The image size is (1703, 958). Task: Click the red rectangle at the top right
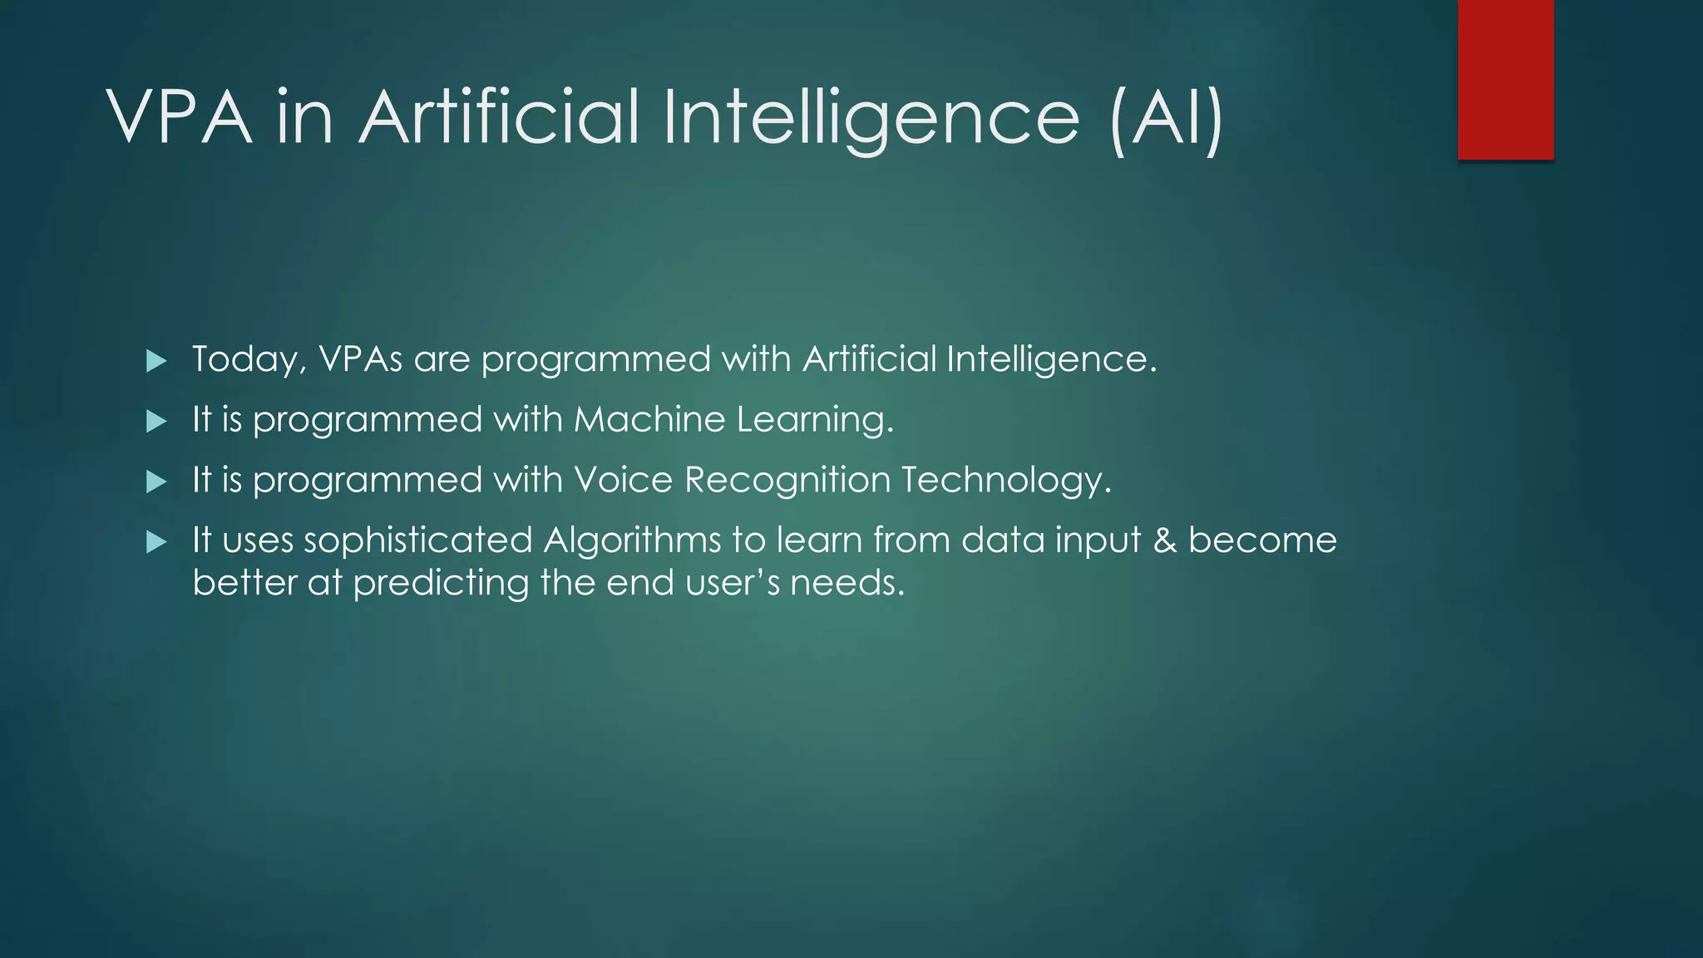pyautogui.click(x=1505, y=79)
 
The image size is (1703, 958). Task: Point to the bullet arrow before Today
pyautogui.click(x=156, y=361)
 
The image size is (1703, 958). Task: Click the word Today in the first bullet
pyautogui.click(x=245, y=359)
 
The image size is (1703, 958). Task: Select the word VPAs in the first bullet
pyautogui.click(x=360, y=359)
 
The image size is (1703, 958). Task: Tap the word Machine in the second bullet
pyautogui.click(x=649, y=419)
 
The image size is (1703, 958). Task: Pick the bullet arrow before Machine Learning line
pyautogui.click(x=156, y=422)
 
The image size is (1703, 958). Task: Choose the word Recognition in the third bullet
pyautogui.click(x=787, y=481)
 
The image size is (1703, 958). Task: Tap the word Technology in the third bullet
pyautogui.click(x=1005, y=481)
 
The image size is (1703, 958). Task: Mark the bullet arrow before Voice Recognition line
pyautogui.click(x=156, y=482)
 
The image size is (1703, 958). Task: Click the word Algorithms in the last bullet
pyautogui.click(x=632, y=541)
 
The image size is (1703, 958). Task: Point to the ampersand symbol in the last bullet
pyautogui.click(x=1165, y=541)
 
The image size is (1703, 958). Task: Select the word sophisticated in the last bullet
pyautogui.click(x=417, y=541)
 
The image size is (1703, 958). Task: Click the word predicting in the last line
pyautogui.click(x=441, y=583)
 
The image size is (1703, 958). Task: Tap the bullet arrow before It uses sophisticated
pyautogui.click(x=156, y=543)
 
